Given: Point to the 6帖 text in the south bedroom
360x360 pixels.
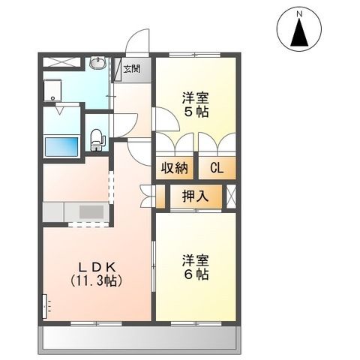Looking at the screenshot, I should (196, 274).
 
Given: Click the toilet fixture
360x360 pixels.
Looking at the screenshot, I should (96, 139).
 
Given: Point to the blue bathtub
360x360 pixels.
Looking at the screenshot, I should (61, 145).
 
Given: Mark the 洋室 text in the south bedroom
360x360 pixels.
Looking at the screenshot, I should (196, 260).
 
